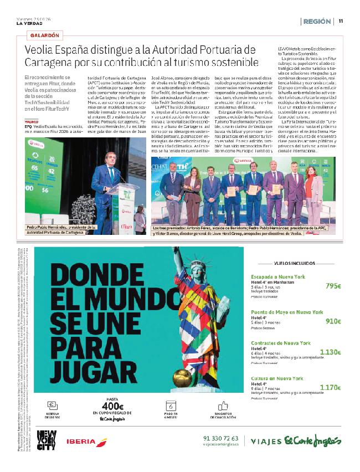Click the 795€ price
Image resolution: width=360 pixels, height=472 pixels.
[x=333, y=286]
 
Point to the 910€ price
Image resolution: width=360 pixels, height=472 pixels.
[x=333, y=321]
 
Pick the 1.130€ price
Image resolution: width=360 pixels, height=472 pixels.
[x=330, y=352]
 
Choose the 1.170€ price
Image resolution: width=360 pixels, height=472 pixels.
[x=330, y=387]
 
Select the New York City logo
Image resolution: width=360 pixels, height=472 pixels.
[x=45, y=441]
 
